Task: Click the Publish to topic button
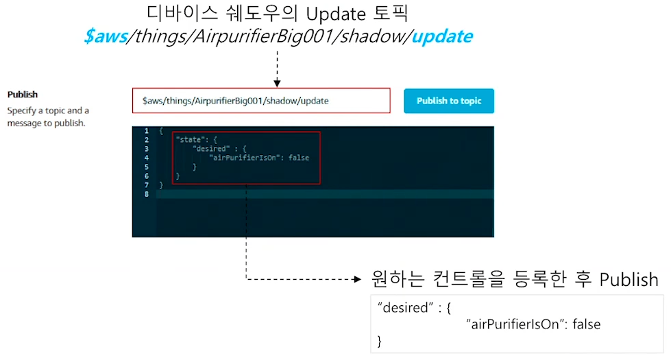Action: (x=449, y=101)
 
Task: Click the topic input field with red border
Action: (x=261, y=101)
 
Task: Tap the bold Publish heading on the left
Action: (x=23, y=95)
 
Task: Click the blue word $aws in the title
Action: (x=106, y=36)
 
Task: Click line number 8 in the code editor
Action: (x=147, y=194)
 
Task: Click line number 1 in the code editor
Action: (x=147, y=131)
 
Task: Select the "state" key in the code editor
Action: (x=188, y=140)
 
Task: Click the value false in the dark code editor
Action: (x=299, y=158)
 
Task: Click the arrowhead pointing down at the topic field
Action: (x=277, y=83)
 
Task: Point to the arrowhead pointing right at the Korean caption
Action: (x=356, y=279)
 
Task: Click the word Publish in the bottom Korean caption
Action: (x=629, y=279)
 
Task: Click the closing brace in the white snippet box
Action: (x=380, y=341)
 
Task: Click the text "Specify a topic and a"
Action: (x=48, y=110)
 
